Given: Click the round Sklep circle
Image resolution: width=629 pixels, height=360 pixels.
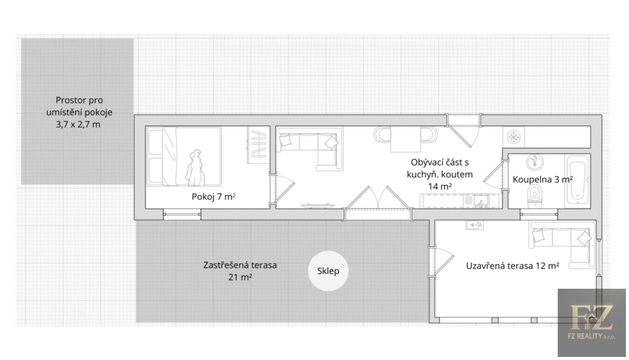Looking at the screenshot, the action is tap(328, 271).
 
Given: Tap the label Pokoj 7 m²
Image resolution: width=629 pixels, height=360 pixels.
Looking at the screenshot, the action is tap(213, 197).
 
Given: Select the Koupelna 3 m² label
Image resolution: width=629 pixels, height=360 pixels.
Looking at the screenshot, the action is tap(542, 179).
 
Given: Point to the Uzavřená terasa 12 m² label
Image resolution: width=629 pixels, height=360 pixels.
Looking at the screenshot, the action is tap(512, 265).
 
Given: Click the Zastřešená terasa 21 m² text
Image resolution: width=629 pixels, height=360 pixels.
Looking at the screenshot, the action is tap(240, 271).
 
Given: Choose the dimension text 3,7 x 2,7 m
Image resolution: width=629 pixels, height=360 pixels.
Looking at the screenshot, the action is tap(78, 125).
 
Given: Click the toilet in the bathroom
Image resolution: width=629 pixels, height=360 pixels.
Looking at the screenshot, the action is tap(535, 196).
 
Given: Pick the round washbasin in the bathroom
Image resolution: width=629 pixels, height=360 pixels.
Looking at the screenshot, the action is tap(534, 162).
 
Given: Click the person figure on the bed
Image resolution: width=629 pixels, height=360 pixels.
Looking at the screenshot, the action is tap(195, 168).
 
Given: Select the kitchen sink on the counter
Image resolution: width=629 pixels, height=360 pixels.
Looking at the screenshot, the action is tap(480, 200).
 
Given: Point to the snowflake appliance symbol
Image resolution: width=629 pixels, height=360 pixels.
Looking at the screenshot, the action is tap(514, 137).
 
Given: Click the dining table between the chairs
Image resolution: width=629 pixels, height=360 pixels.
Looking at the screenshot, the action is tap(405, 139).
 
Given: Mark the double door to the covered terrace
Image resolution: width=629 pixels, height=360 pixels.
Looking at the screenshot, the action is tap(378, 198).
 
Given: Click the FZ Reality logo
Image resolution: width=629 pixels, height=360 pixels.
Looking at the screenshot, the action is tap(592, 323).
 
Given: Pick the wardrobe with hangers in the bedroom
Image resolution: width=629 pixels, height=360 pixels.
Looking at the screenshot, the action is tap(257, 145).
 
